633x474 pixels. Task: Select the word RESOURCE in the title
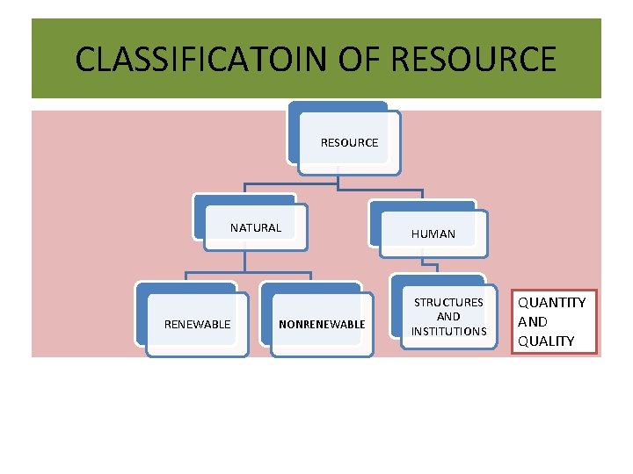click(473, 60)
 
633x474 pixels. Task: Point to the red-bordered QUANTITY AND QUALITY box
click(554, 321)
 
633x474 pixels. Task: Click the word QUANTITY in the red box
click(551, 303)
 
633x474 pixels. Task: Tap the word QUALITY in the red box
click(546, 341)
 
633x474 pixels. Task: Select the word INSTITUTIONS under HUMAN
click(448, 331)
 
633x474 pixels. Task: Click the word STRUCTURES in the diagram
click(448, 303)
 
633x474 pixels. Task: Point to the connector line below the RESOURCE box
click(338, 183)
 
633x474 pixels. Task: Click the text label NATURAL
click(256, 228)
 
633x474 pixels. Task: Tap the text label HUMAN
click(433, 234)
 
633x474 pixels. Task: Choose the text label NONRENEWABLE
click(322, 325)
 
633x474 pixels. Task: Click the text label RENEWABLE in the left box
click(198, 325)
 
